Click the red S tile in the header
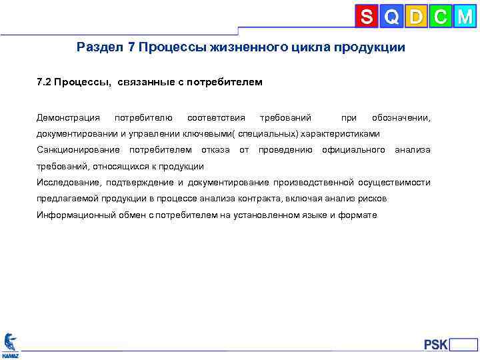click(x=366, y=16)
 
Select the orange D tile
click(x=415, y=16)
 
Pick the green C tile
click(x=439, y=16)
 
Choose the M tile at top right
click(x=463, y=16)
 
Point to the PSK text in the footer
click(x=436, y=345)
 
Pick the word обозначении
click(x=401, y=118)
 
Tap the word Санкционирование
click(x=79, y=150)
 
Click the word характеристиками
click(x=341, y=134)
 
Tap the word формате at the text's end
click(x=359, y=215)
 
